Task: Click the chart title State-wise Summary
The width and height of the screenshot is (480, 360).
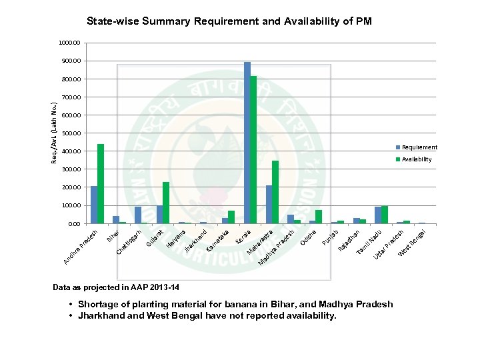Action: [x=229, y=21]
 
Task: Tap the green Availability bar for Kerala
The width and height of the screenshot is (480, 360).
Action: [x=253, y=149]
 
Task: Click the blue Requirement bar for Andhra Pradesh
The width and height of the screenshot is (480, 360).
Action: [x=94, y=205]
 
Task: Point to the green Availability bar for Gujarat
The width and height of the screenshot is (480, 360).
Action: [x=166, y=203]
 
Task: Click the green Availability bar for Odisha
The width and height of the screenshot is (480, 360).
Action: [x=319, y=217]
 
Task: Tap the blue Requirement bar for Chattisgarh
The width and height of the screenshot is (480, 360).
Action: [x=138, y=215]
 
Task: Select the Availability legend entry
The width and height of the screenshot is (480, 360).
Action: [x=417, y=159]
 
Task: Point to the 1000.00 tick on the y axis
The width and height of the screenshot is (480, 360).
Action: [x=69, y=43]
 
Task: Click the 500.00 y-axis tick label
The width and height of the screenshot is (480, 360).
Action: [x=70, y=133]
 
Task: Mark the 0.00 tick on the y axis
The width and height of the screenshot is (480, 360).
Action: [x=73, y=224]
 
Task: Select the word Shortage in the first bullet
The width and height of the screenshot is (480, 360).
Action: [x=97, y=305]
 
